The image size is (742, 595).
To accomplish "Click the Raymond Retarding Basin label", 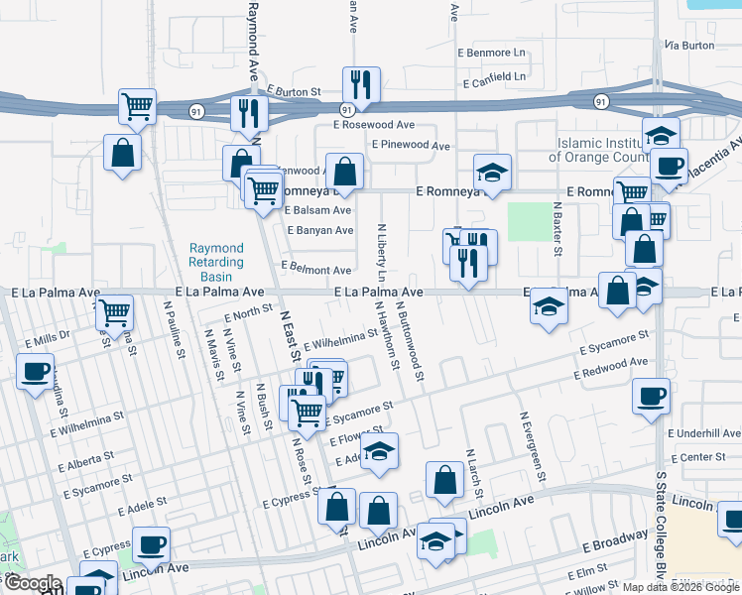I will point(216,261).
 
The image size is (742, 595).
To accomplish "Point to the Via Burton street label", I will point(689,46).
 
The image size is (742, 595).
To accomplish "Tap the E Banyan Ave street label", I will point(319,230).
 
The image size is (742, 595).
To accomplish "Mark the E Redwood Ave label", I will point(610,371).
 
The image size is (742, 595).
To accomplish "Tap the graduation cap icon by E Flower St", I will point(379,451).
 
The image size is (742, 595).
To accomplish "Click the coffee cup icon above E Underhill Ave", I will point(652,397).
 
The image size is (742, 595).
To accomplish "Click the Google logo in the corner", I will point(33,583).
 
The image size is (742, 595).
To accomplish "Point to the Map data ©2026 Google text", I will point(680,586).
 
